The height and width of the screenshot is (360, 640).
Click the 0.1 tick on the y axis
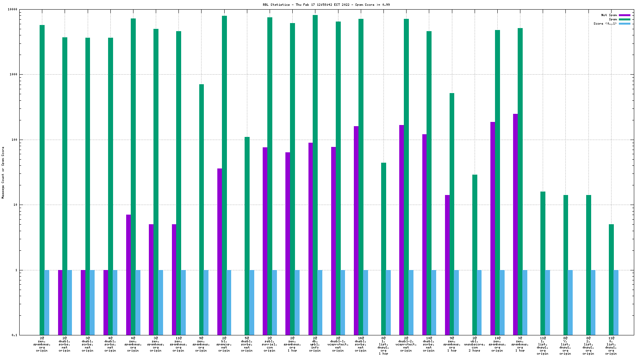click(14, 335)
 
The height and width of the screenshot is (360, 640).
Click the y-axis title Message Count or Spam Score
click(3, 172)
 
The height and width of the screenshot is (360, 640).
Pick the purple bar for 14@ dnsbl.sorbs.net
click(356, 230)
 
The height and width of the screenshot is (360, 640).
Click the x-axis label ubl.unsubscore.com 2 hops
click(475, 344)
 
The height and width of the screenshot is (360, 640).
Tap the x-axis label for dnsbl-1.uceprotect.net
click(338, 344)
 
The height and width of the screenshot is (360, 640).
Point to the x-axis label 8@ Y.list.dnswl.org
click(565, 346)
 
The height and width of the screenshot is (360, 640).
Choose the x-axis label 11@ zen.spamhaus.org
click(178, 344)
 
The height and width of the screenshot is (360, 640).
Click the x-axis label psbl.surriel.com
click(270, 344)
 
